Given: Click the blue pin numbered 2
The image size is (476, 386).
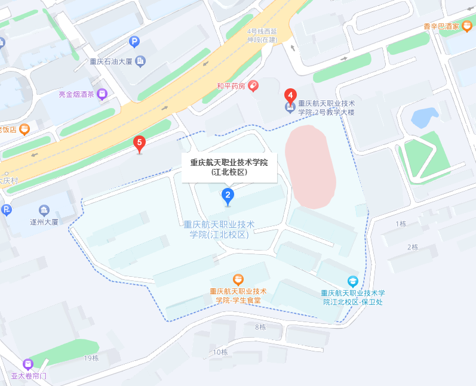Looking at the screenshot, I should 227,195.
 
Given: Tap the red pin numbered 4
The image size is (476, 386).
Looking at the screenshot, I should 290,95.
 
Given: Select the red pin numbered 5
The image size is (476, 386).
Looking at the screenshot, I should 139,143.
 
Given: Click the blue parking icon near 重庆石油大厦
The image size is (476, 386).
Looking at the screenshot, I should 134,42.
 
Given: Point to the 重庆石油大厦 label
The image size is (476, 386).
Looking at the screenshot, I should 111,61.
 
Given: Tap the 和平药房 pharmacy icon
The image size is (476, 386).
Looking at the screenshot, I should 253,86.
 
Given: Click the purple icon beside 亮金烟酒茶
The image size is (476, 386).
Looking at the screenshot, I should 103,94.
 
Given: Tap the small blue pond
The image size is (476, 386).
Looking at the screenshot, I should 425,118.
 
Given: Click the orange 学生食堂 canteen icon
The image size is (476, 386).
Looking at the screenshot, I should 238,279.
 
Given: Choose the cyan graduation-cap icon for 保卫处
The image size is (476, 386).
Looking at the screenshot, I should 353,281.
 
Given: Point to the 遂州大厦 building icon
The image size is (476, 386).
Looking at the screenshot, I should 44,211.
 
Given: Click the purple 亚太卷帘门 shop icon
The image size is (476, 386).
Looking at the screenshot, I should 27,364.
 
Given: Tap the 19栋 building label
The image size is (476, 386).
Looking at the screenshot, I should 91,358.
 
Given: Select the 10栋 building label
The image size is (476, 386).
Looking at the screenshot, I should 220,352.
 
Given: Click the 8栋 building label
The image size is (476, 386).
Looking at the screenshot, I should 260,327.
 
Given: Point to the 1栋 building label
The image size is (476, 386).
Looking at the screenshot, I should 401,224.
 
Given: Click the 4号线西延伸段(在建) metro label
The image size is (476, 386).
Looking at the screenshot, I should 262,35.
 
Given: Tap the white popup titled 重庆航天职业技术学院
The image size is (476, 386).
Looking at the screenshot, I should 229,167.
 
